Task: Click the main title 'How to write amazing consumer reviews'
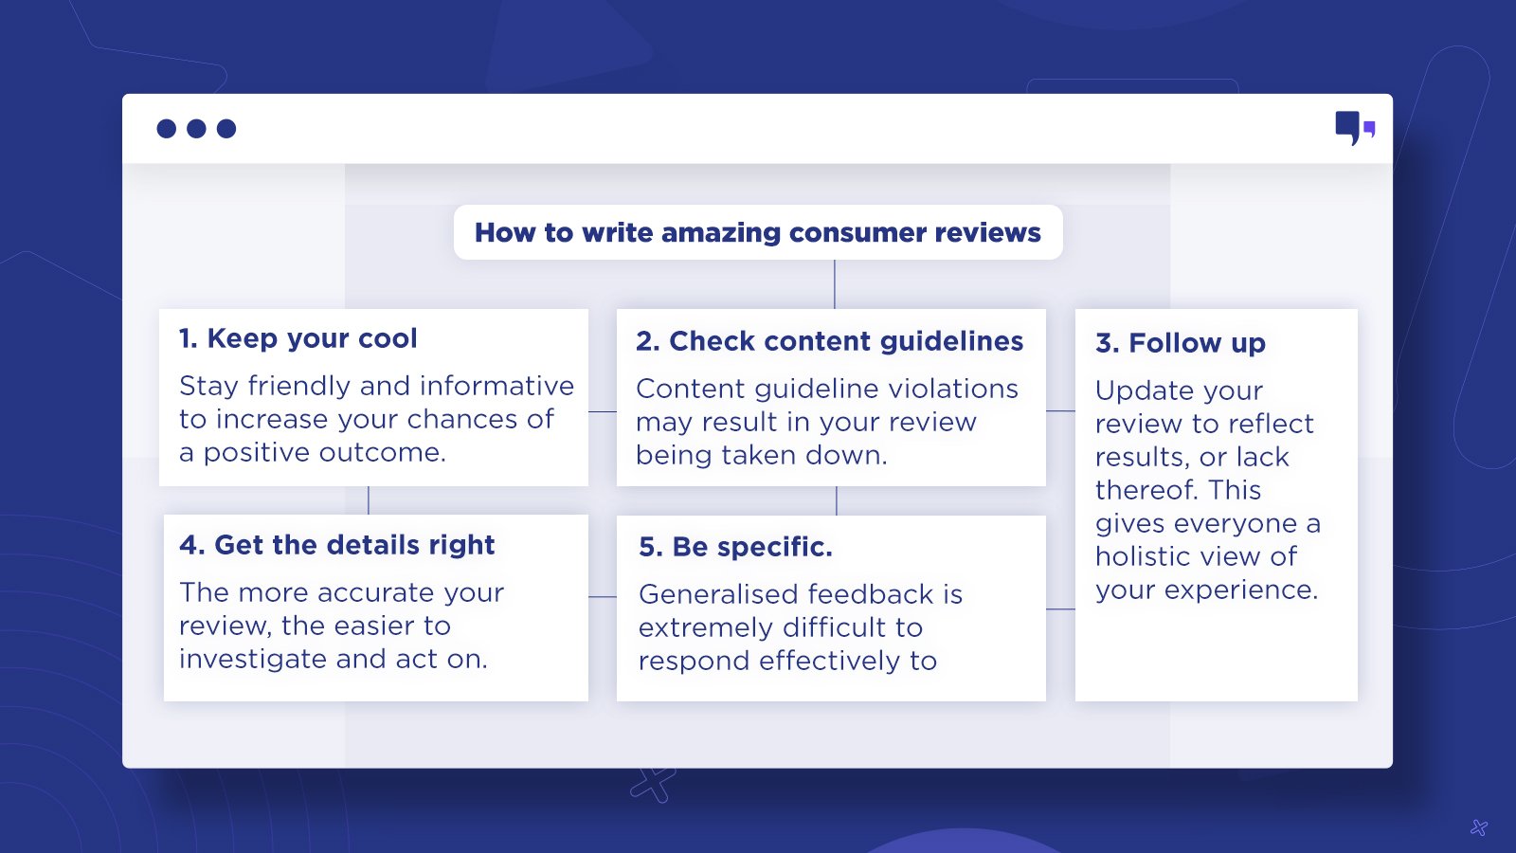(x=757, y=232)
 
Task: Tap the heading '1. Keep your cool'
(x=298, y=338)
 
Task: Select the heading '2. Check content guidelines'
(x=829, y=341)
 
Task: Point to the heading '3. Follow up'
(x=1181, y=343)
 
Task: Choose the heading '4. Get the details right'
(x=336, y=545)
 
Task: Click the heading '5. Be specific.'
(x=735, y=547)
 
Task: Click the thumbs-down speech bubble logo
(x=1355, y=128)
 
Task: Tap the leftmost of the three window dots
(x=167, y=129)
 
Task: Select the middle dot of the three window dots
(x=196, y=129)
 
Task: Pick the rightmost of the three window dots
(x=226, y=129)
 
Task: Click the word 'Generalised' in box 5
(x=718, y=594)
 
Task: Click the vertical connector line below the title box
(x=835, y=284)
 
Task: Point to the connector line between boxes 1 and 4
(x=369, y=500)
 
